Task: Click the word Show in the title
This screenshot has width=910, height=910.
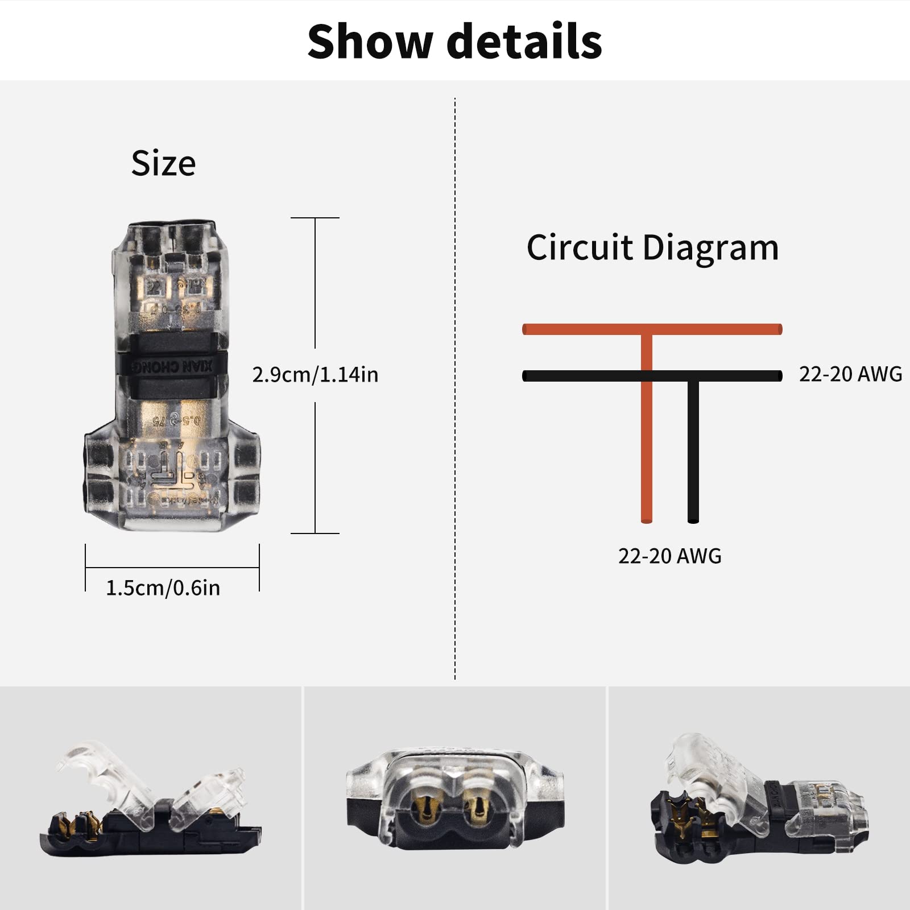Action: (370, 42)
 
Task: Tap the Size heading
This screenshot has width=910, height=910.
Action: (163, 164)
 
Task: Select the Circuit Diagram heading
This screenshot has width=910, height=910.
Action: (652, 248)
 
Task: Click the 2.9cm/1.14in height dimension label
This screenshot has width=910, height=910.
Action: (315, 375)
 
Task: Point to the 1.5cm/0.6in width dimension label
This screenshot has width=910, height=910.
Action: (163, 588)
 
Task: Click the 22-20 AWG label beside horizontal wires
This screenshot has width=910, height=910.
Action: (850, 374)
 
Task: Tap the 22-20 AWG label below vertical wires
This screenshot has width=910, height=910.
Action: (669, 556)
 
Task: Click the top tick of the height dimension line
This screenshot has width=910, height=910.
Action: (315, 218)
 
